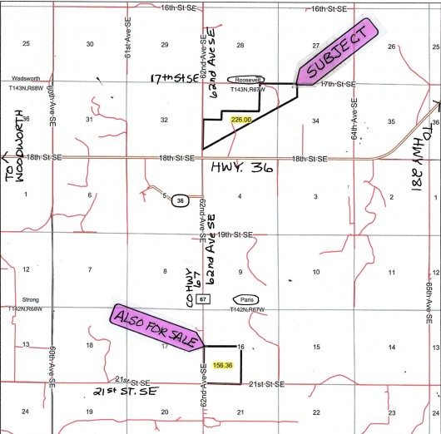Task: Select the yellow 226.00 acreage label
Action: coord(241,121)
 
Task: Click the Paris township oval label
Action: coord(245,299)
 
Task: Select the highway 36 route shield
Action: coord(179,200)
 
